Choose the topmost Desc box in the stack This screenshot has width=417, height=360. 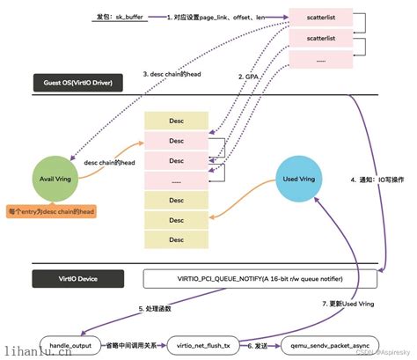click(x=176, y=120)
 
